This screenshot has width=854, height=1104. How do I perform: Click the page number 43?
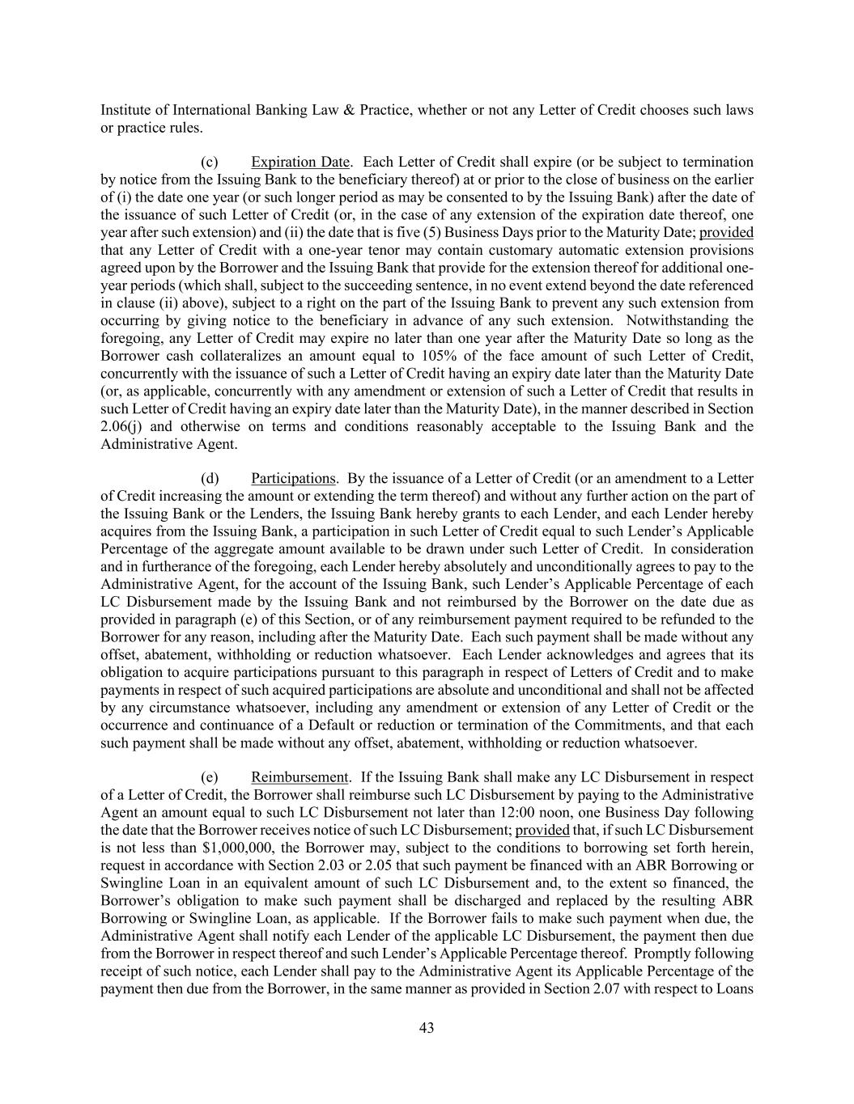(427, 1028)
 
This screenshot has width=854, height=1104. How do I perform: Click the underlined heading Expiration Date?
(300, 162)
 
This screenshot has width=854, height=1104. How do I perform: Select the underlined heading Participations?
(292, 478)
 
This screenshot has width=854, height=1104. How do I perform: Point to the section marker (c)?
(209, 162)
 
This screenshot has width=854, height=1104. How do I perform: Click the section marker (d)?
(209, 478)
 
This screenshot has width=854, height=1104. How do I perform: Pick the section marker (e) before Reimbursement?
(209, 777)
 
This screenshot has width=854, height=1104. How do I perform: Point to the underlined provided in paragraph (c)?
(726, 232)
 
